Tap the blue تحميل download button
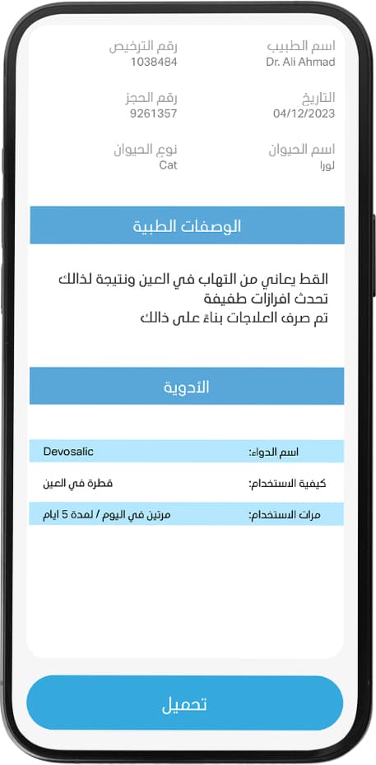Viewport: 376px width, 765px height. (184, 704)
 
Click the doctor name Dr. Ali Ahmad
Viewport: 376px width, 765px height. (300, 63)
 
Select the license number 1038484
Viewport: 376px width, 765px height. (154, 63)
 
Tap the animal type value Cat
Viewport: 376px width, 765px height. (168, 165)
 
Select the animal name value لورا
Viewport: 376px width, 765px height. (327, 165)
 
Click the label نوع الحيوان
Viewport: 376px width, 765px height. (146, 150)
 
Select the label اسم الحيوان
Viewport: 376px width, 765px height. (302, 150)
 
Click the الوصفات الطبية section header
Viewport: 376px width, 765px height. (187, 225)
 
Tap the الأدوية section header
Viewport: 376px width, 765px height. (187, 387)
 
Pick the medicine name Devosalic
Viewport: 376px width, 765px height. (68, 452)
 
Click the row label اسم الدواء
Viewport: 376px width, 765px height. (274, 452)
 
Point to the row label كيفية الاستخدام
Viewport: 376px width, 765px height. (274, 484)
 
